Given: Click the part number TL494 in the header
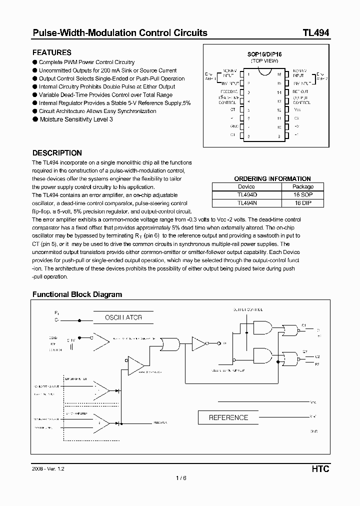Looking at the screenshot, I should [315, 33].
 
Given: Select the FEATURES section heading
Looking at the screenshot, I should [52, 52].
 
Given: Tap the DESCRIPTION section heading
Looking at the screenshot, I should [57, 153].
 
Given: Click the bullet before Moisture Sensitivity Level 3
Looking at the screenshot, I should [35, 119].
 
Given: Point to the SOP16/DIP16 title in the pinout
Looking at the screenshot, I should [264, 54].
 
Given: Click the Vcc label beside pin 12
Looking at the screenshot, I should [297, 109].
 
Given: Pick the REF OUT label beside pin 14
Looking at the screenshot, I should [300, 92].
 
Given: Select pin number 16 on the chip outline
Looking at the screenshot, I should [279, 74].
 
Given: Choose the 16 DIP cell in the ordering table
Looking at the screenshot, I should [302, 202].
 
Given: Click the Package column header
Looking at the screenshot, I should [302, 186].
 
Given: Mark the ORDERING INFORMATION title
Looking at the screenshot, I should [272, 178].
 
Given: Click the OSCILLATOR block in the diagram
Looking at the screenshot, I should [123, 317].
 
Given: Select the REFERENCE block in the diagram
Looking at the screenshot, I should [228, 417].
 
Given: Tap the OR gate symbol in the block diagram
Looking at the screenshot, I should [170, 344].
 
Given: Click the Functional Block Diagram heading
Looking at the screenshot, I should [77, 294].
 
